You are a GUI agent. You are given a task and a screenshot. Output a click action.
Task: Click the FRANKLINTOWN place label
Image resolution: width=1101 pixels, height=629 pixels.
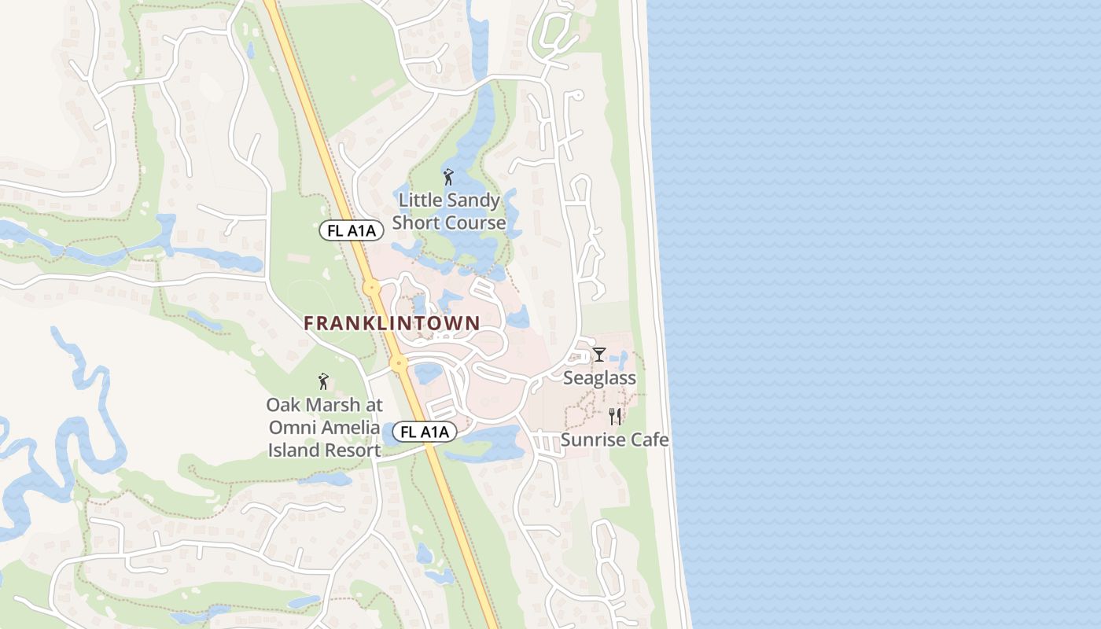point(392,323)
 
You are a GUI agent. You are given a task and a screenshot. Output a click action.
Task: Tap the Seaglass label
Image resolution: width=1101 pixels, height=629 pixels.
point(599,379)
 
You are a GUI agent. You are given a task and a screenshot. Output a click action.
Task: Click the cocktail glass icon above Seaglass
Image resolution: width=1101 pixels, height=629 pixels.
point(599,355)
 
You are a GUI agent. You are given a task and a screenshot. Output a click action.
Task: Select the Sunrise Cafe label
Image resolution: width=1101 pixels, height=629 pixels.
point(614,440)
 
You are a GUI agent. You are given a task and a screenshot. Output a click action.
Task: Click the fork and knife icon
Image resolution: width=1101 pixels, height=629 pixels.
point(615,416)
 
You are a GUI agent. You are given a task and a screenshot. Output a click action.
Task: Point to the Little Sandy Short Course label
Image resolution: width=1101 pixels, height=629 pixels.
point(449,212)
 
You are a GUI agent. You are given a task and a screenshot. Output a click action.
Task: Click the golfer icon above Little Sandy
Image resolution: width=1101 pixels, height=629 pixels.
point(448,177)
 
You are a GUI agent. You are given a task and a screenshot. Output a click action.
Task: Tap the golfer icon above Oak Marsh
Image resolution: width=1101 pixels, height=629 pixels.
point(322,382)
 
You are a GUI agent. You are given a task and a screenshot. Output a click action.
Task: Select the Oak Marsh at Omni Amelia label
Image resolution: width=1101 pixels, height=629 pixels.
point(324,428)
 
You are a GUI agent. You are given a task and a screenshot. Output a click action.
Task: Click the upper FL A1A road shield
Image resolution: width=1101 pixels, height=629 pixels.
point(352,230)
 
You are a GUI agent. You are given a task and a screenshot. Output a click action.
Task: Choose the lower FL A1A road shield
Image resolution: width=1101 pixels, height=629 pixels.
point(425,432)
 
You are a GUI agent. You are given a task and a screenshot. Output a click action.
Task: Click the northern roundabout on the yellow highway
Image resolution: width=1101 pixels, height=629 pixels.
point(371,288)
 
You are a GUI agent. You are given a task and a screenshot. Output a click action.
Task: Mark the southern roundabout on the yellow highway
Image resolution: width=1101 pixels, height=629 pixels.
point(399,363)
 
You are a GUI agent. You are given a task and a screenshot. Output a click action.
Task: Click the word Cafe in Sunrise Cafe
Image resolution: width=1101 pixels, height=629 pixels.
point(649,440)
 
